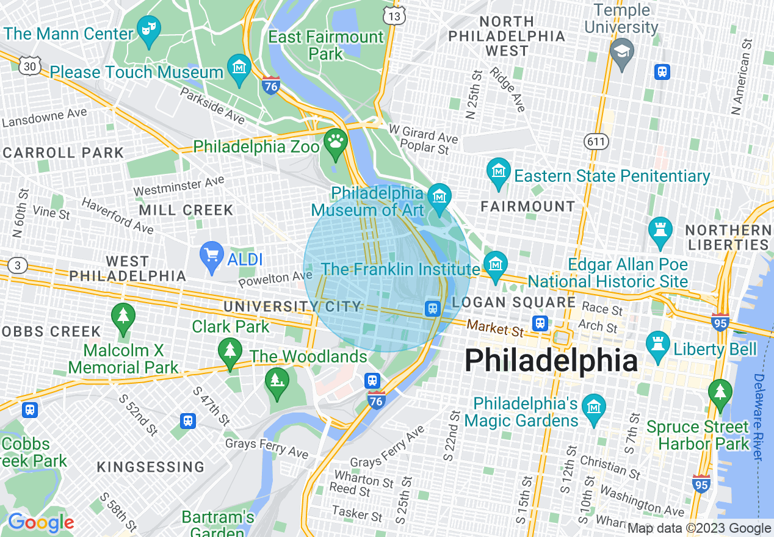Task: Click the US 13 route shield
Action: [395, 15]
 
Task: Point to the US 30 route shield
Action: [29, 66]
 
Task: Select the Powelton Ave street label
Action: [275, 279]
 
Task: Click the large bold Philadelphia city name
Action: [551, 361]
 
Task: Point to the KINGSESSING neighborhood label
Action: [151, 467]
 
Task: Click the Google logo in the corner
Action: [41, 522]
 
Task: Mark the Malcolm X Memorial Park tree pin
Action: [123, 318]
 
